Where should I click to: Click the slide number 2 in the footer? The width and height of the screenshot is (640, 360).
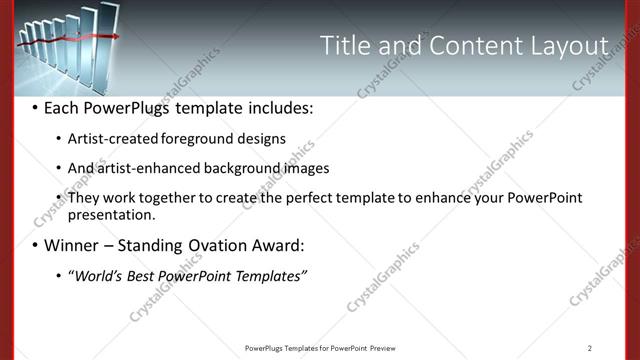pos(590,348)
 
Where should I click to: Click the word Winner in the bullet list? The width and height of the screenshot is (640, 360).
pos(71,245)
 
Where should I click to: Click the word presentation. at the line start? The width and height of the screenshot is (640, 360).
pos(112,214)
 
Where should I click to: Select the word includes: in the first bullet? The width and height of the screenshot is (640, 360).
pos(275,106)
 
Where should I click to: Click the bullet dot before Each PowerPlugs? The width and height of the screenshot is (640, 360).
pos(35,107)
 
